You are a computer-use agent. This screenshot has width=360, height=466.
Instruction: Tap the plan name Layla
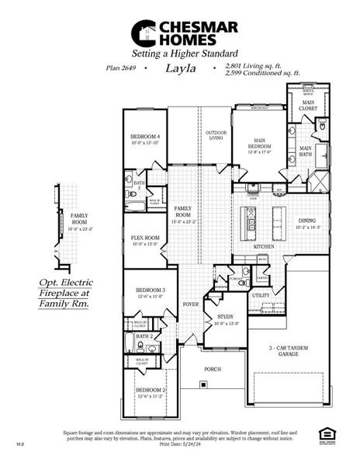179,68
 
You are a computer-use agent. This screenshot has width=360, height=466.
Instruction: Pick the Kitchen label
265,246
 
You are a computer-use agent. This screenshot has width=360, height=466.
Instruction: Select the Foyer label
191,304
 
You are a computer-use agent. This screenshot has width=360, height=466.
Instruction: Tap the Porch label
213,370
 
